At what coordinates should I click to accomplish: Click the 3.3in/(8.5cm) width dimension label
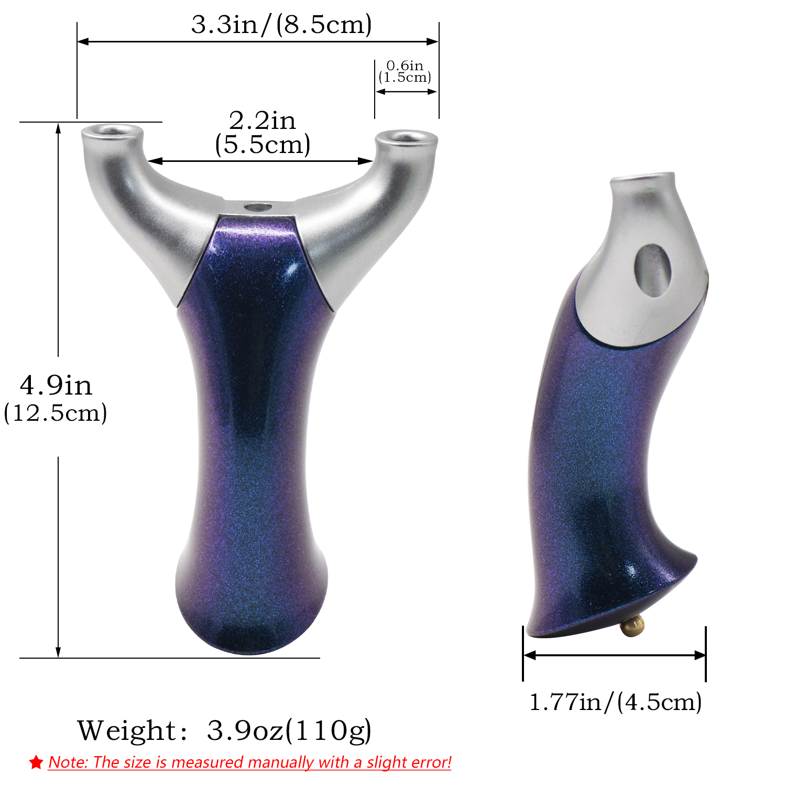pos(281,25)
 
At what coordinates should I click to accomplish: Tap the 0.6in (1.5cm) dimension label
pos(405,72)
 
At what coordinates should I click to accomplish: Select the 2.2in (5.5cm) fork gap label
pos(263,133)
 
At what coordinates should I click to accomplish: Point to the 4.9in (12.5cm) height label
pos(56,399)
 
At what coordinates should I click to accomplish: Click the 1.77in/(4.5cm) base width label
pos(616,702)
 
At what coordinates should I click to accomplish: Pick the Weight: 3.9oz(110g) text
pos(225,730)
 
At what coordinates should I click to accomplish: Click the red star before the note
pos(36,762)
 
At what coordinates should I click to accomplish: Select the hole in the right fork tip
pos(407,137)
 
